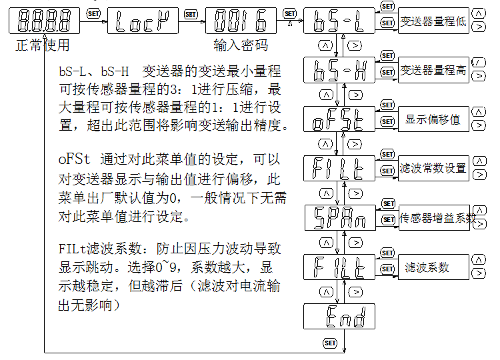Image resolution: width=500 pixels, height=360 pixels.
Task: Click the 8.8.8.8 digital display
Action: click(x=44, y=21)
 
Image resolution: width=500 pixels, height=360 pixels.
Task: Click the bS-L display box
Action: click(x=339, y=21)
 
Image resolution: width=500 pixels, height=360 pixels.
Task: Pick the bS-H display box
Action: click(x=339, y=69)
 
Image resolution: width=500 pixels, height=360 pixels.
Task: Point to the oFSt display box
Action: click(x=339, y=120)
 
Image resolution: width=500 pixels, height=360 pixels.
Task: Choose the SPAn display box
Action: click(x=339, y=217)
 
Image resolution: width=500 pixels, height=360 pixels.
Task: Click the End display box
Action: click(x=339, y=316)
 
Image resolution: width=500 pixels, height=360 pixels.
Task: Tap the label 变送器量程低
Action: click(x=433, y=22)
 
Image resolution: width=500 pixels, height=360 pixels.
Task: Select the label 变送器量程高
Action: click(x=433, y=70)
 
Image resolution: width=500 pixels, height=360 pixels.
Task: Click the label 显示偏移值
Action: click(x=433, y=120)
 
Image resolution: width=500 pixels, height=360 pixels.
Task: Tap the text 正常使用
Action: click(x=42, y=46)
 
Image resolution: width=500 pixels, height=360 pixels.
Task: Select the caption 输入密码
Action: click(x=241, y=46)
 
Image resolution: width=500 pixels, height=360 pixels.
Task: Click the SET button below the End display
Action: click(x=330, y=343)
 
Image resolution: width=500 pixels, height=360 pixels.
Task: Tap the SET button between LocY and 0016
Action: click(x=191, y=13)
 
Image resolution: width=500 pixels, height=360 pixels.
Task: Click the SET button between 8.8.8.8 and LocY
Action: click(x=93, y=13)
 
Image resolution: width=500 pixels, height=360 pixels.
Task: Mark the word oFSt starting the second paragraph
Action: click(x=73, y=161)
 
